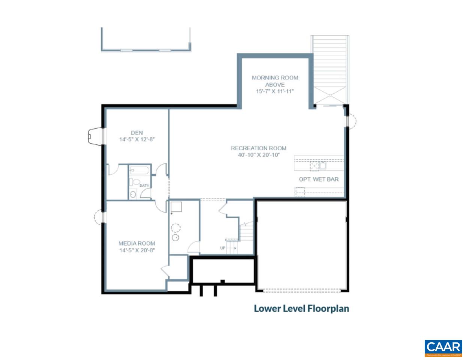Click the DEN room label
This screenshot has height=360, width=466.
pos(137,133)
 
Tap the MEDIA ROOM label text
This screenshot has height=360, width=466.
pos(137,243)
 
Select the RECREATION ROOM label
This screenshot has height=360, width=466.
pos(259,148)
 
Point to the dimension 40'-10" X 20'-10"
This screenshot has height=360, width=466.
pos(259,155)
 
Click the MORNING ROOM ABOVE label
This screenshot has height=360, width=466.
pos(275,81)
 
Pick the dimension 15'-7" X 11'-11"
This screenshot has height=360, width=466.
pos(275,91)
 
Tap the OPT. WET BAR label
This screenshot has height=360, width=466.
pos(319,179)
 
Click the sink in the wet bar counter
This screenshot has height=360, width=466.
pos(322,165)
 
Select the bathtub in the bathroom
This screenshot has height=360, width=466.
pos(139,171)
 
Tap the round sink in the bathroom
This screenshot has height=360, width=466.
pos(133,194)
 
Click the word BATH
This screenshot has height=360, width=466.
pos(144,186)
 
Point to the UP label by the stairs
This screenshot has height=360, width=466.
pos(222,247)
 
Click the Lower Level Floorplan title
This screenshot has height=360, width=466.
pos(302,309)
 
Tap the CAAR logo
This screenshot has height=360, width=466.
pos(443,348)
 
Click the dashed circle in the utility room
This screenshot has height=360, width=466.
pos(175,228)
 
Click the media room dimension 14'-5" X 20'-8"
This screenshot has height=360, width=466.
pos(137,250)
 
